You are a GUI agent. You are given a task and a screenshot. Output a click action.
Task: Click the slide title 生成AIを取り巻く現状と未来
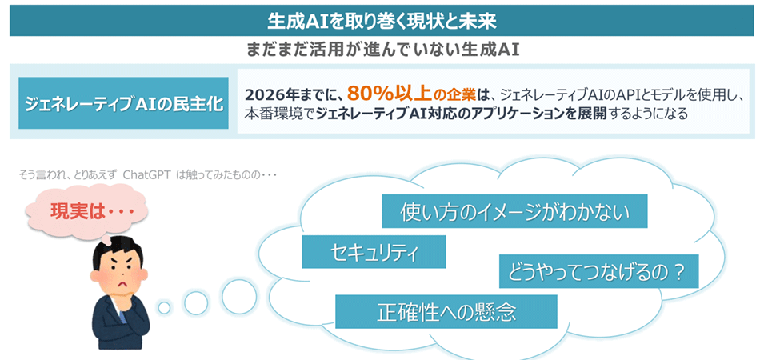[x=382, y=20]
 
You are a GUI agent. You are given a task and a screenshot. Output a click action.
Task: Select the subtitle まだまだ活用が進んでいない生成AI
[x=382, y=50]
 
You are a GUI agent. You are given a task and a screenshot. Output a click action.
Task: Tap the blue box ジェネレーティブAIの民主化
[x=123, y=103]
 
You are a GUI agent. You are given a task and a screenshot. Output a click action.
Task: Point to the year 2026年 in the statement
[x=265, y=94]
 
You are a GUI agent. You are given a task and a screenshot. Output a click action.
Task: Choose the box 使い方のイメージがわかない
[x=514, y=211]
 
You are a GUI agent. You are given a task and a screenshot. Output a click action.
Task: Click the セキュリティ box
[x=374, y=252]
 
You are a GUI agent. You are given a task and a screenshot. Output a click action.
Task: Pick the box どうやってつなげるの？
[x=598, y=271]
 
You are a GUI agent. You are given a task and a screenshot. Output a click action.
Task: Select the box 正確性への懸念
[x=446, y=311]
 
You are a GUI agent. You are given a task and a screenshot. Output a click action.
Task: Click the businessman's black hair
[x=118, y=250]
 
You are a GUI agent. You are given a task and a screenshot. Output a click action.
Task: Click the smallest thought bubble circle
[x=165, y=307]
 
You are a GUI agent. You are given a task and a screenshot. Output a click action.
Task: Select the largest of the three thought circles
[x=239, y=295]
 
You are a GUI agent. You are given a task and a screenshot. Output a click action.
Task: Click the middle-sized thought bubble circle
[x=196, y=302]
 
